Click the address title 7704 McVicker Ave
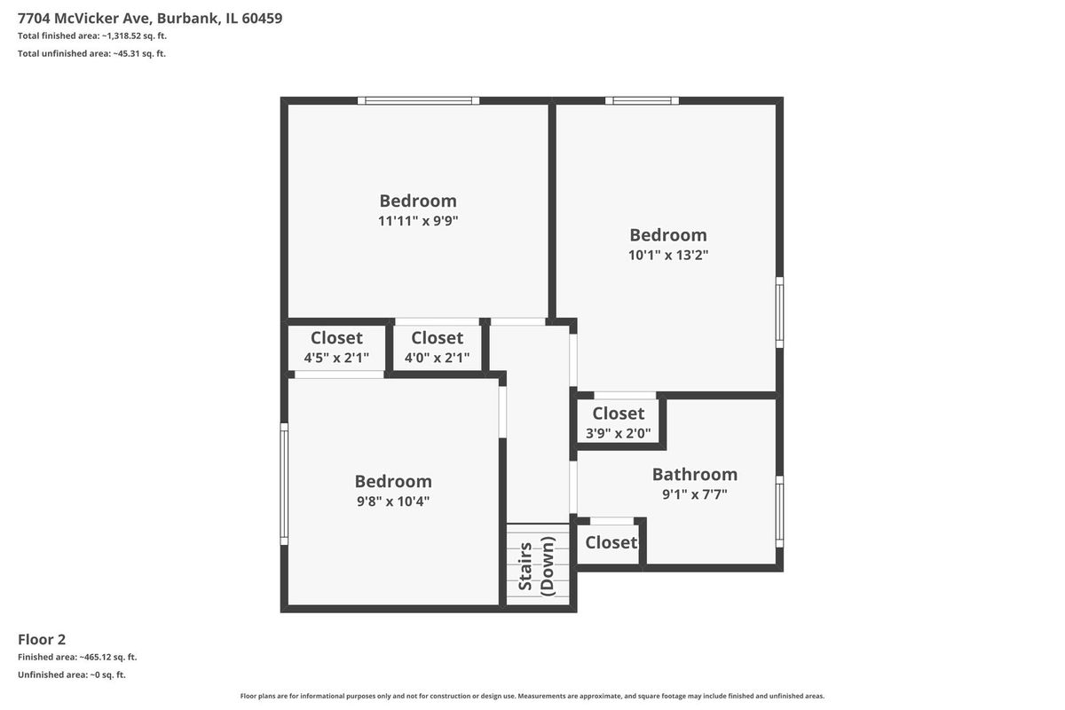(x=150, y=18)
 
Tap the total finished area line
(x=92, y=35)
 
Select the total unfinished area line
(x=91, y=53)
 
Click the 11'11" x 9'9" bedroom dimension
(x=418, y=221)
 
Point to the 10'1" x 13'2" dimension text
(x=668, y=255)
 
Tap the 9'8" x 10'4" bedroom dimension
(x=393, y=501)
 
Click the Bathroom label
(x=695, y=474)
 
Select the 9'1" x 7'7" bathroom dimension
(x=695, y=494)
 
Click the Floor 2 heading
(x=42, y=639)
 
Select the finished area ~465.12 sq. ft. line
(x=77, y=657)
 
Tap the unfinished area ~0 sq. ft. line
(x=72, y=674)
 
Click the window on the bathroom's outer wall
(x=780, y=512)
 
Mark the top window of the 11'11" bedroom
(x=418, y=100)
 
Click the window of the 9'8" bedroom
(x=284, y=484)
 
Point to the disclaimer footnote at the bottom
(x=532, y=696)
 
